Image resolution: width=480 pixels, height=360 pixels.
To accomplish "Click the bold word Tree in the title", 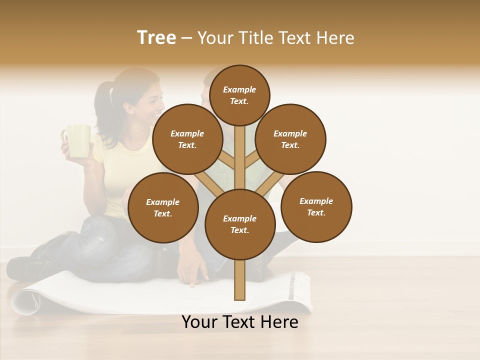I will click(x=156, y=38).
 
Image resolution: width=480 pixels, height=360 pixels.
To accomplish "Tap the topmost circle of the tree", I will click(x=239, y=95).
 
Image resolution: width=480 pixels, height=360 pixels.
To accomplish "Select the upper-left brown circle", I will click(x=187, y=139).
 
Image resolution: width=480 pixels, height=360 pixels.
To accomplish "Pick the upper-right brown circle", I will click(x=290, y=139).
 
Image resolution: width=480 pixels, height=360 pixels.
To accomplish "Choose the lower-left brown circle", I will click(x=163, y=207).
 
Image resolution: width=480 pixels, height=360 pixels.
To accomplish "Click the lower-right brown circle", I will click(x=316, y=206).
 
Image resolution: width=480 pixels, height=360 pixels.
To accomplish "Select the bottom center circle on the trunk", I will click(x=240, y=224).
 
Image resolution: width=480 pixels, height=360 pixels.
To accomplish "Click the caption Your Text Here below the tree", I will click(x=240, y=322).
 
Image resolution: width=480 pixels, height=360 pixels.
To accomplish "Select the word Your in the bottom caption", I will click(x=199, y=322).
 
